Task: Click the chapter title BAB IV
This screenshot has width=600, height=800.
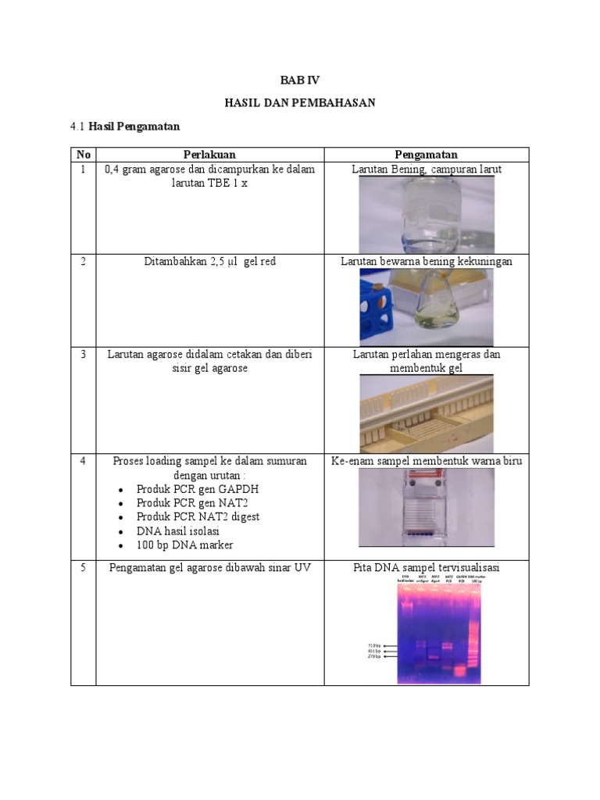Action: coord(300,80)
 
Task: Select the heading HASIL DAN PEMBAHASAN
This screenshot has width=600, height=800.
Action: coord(300,103)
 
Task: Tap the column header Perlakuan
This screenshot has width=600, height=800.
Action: coord(209,155)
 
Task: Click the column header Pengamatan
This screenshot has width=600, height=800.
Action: coord(426,155)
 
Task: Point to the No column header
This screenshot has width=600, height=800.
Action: coord(83,155)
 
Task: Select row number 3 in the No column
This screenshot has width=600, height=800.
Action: coord(83,355)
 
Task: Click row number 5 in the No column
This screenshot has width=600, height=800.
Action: coord(83,568)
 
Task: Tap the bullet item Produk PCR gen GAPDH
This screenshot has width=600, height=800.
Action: coord(198,489)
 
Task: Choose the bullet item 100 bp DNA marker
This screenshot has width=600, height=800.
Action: coord(184,545)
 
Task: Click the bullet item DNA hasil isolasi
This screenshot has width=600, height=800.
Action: coord(180,531)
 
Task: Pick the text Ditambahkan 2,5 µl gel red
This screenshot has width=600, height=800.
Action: coord(209,262)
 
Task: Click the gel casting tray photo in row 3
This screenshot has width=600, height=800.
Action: coord(426,413)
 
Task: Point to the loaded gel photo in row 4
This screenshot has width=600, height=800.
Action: coord(426,508)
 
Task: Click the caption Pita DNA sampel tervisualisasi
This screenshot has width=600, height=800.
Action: coord(426,568)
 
